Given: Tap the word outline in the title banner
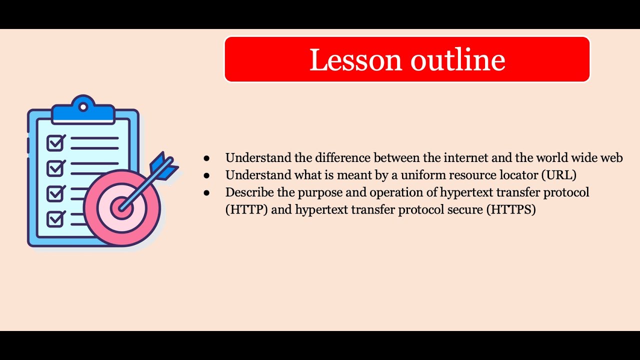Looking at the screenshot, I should point(458,60).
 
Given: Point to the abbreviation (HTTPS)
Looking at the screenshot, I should point(510,209).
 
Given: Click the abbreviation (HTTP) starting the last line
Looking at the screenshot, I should point(246,209).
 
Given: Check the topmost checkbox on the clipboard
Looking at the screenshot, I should point(55,143).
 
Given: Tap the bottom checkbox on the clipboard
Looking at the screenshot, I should point(55,218).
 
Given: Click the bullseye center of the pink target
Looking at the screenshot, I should point(121,207).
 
